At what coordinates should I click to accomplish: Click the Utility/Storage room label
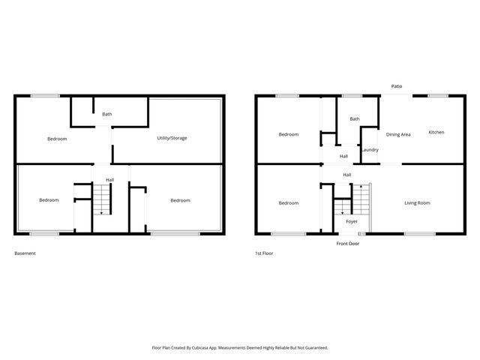pyautogui.click(x=172, y=138)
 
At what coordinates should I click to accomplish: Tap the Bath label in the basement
pyautogui.click(x=107, y=114)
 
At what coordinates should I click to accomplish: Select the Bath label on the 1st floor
pyautogui.click(x=355, y=118)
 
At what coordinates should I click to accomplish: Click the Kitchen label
pyautogui.click(x=436, y=132)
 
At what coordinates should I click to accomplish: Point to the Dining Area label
pyautogui.click(x=398, y=134)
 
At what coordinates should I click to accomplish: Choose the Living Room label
pyautogui.click(x=417, y=202)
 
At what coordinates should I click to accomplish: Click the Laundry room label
pyautogui.click(x=370, y=150)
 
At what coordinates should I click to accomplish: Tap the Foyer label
pyautogui.click(x=352, y=222)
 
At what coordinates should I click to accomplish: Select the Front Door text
pyautogui.click(x=348, y=244)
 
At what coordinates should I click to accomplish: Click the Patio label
pyautogui.click(x=397, y=86)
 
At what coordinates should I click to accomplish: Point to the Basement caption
pyautogui.click(x=25, y=253)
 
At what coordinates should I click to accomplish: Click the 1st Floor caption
pyautogui.click(x=263, y=253)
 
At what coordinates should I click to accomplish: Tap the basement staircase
pyautogui.click(x=101, y=199)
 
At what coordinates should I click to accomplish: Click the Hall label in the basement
pyautogui.click(x=109, y=180)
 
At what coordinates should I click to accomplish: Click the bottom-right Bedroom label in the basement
pyautogui.click(x=180, y=200)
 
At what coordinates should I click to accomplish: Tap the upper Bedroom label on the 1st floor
pyautogui.click(x=289, y=134)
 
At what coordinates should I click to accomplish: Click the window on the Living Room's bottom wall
pyautogui.click(x=419, y=234)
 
